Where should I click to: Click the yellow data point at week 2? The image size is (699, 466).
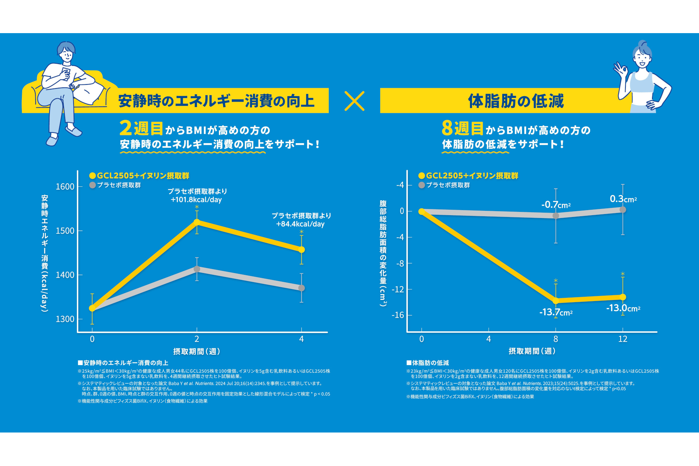point(197,222)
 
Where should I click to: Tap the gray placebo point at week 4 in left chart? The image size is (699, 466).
point(301,288)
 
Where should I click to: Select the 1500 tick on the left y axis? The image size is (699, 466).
point(65,230)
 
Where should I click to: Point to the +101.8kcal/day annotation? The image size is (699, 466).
point(196,200)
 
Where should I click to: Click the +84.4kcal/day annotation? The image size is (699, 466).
point(300,224)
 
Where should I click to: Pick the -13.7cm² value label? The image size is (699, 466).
point(556,312)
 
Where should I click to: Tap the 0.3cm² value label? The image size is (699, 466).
point(623,199)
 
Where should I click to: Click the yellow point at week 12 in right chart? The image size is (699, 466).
point(623,297)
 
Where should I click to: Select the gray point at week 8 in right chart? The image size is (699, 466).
point(556,216)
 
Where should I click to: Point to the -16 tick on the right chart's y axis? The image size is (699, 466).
point(398,315)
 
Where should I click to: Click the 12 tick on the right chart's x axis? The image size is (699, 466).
point(623,339)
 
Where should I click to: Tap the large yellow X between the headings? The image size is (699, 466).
point(354,101)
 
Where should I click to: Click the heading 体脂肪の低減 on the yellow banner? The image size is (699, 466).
point(516,101)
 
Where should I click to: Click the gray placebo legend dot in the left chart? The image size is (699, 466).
point(92,185)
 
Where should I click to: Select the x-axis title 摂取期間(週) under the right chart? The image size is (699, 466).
point(532,351)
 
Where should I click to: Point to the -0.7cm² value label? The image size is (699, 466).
point(556,205)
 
